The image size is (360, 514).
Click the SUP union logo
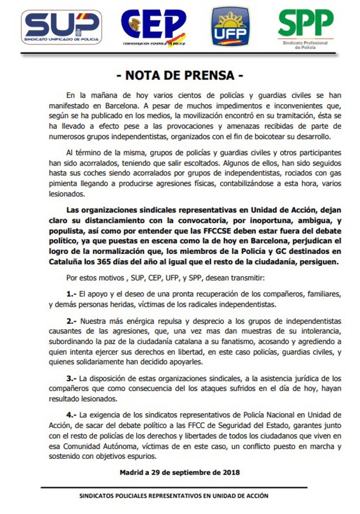click(61, 26)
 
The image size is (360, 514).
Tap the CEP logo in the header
click(153, 26)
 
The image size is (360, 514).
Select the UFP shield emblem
click(229, 26)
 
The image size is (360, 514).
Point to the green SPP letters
click(305, 23)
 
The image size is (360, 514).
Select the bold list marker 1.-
click(70, 293)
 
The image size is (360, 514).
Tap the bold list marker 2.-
click(70, 320)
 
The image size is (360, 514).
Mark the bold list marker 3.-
click(70, 378)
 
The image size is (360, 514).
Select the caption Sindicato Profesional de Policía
click(305, 45)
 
